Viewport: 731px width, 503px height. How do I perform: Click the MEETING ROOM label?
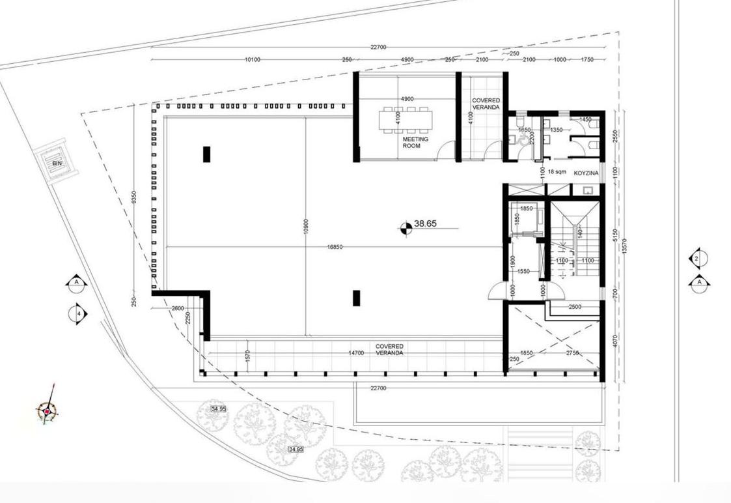click(x=415, y=143)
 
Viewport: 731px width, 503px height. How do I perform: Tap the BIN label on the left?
click(x=57, y=163)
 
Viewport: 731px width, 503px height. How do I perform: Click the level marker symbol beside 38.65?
click(x=406, y=227)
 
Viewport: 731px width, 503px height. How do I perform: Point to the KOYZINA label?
click(x=586, y=173)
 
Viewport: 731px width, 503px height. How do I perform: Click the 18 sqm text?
click(x=557, y=172)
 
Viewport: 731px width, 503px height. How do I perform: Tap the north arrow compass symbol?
click(x=48, y=411)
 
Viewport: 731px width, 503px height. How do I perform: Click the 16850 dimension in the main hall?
click(x=335, y=247)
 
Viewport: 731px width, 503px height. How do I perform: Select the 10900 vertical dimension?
click(x=305, y=226)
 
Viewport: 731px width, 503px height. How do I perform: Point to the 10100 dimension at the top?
click(x=253, y=60)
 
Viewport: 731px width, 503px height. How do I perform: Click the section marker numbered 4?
click(x=78, y=313)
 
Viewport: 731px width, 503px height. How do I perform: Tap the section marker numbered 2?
click(x=698, y=259)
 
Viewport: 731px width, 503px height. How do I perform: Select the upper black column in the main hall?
click(x=206, y=154)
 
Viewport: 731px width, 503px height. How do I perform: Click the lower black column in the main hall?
click(x=356, y=298)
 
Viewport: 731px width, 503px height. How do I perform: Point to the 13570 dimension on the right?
click(x=624, y=246)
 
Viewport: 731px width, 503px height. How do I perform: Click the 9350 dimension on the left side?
click(x=134, y=197)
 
